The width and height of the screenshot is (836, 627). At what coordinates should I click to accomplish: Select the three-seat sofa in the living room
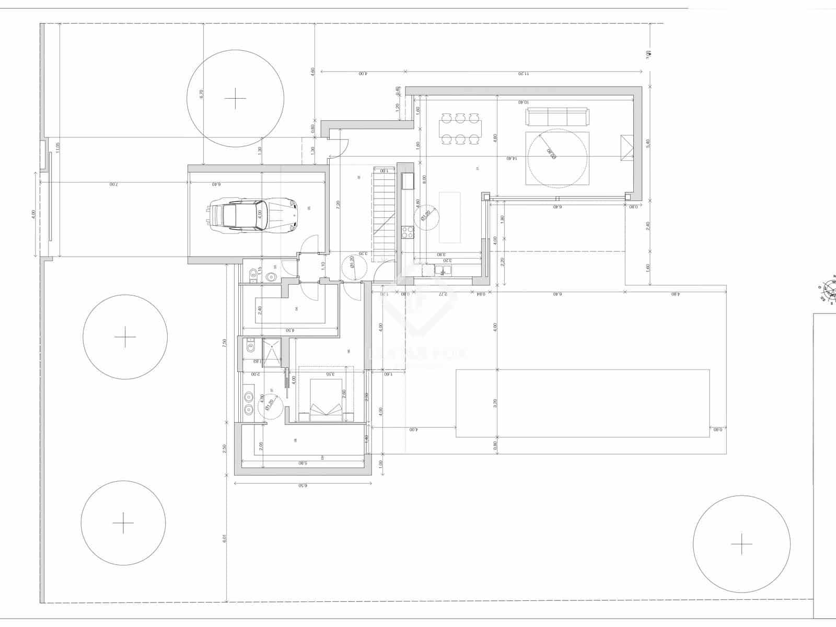(x=557, y=117)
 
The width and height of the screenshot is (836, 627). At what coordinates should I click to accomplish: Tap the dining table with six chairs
(x=460, y=129)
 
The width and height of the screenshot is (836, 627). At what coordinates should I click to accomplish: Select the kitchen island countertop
(x=450, y=217)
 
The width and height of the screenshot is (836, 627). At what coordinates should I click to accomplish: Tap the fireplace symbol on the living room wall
(x=626, y=149)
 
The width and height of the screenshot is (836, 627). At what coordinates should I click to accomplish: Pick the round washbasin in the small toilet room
(x=272, y=277)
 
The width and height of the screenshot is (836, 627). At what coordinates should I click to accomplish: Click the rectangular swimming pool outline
(x=583, y=403)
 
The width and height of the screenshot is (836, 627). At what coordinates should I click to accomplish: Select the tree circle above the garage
(x=236, y=98)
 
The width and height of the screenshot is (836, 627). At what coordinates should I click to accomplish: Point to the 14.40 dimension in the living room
(x=511, y=158)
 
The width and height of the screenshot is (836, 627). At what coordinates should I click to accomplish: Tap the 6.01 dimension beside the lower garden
(x=225, y=538)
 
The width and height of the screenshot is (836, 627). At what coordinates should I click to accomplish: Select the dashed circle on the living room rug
(x=556, y=158)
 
